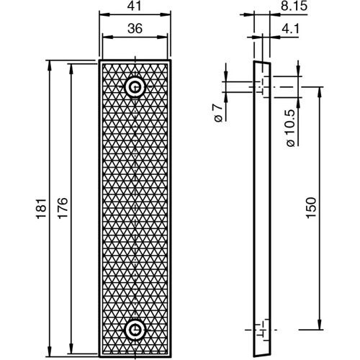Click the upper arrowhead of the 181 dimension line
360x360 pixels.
pos(50,64)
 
